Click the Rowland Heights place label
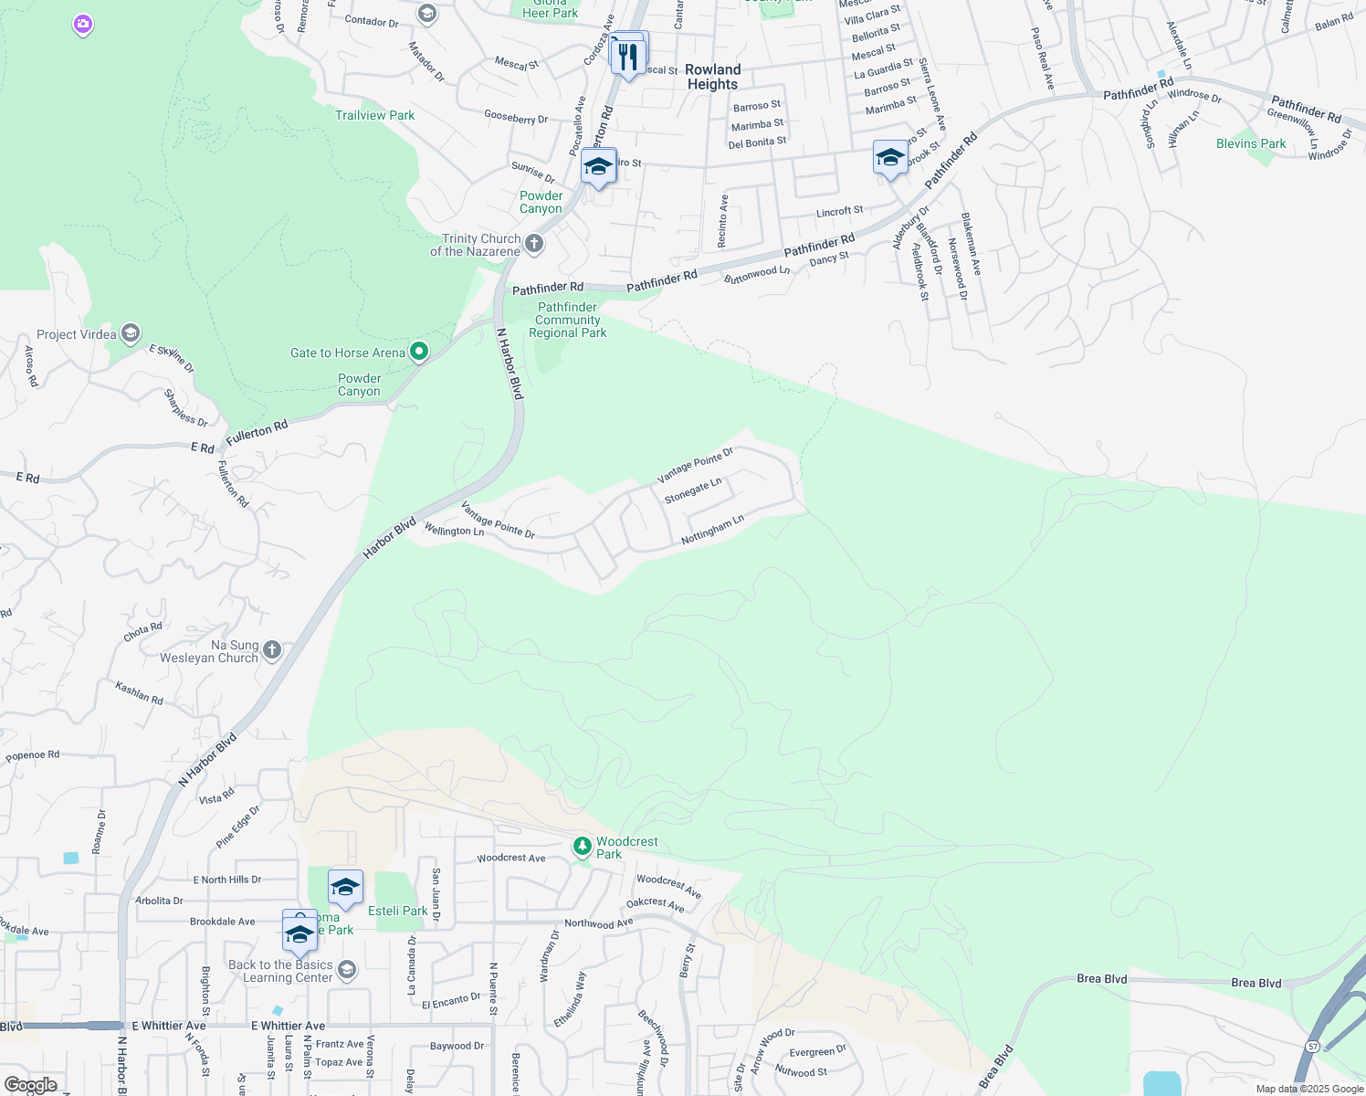coord(712,77)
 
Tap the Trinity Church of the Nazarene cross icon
coord(535,244)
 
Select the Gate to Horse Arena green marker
coord(419,352)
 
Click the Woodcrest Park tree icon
coord(582,847)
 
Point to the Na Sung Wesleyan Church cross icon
coord(272,650)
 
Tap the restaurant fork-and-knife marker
coord(627,58)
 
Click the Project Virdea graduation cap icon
coord(131,333)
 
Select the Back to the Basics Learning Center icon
coord(346,969)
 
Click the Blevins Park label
coord(1250,143)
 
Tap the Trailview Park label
coord(374,115)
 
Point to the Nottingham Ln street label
coord(712,530)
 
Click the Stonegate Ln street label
coord(693,490)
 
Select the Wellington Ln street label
coord(454,531)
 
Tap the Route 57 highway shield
coord(1312,1046)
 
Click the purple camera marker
coord(83,25)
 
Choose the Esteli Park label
coord(397,911)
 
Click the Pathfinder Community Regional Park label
coord(567,320)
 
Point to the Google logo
coord(30,1085)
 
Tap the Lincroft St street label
coord(839,212)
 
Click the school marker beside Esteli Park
coord(345,887)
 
